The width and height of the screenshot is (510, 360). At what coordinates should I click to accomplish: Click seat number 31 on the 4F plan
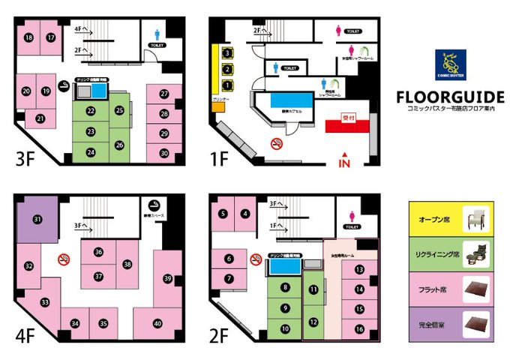pyautogui.click(x=37, y=219)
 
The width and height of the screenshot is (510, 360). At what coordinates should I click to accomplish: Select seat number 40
pyautogui.click(x=157, y=323)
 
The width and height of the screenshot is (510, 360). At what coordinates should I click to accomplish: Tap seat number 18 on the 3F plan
pyautogui.click(x=28, y=37)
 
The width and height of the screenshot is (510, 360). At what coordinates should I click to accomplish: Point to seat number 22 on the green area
pyautogui.click(x=91, y=112)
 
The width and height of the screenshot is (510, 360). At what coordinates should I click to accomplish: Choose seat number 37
pyautogui.click(x=98, y=276)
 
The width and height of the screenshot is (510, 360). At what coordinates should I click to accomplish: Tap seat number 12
pyautogui.click(x=313, y=322)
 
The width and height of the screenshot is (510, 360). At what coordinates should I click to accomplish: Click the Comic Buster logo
pyautogui.click(x=450, y=65)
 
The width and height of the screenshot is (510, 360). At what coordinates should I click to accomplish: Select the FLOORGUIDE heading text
pyautogui.click(x=449, y=99)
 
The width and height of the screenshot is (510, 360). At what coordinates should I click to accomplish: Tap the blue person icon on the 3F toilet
pyautogui.click(x=157, y=34)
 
